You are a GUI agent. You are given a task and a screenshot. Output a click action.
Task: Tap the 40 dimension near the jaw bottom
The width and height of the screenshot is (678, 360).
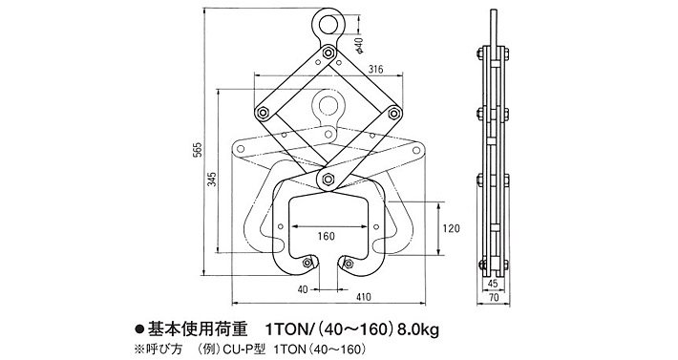(301, 287)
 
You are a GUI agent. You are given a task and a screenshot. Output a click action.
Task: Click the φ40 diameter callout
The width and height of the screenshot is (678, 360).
(357, 43)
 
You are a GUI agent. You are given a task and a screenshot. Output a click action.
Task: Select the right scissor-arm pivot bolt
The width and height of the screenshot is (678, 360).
(392, 115)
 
